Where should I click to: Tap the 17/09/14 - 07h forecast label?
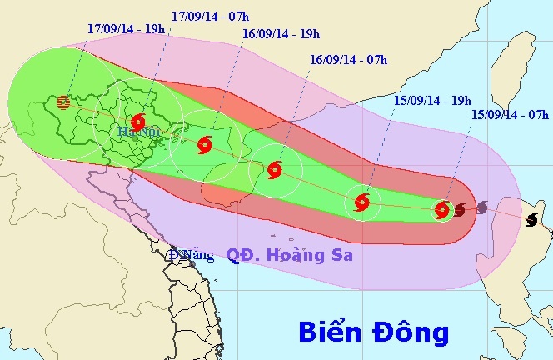(x=213, y=16)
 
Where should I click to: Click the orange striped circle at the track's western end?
(x=63, y=103)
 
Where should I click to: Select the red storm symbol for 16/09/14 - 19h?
(x=204, y=146)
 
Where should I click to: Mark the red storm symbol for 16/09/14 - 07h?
(x=276, y=171)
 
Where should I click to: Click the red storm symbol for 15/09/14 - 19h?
(x=361, y=201)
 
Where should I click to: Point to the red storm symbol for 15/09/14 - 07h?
(x=442, y=210)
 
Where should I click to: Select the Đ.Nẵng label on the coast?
(x=191, y=255)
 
